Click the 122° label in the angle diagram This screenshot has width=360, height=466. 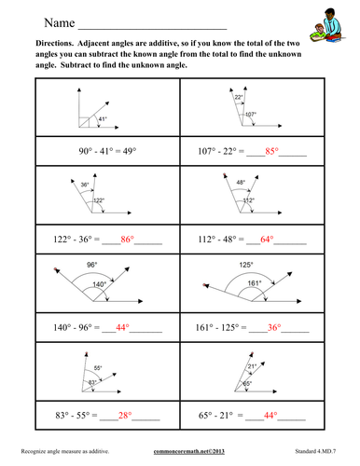point(98,199)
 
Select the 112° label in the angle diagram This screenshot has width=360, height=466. point(248,201)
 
